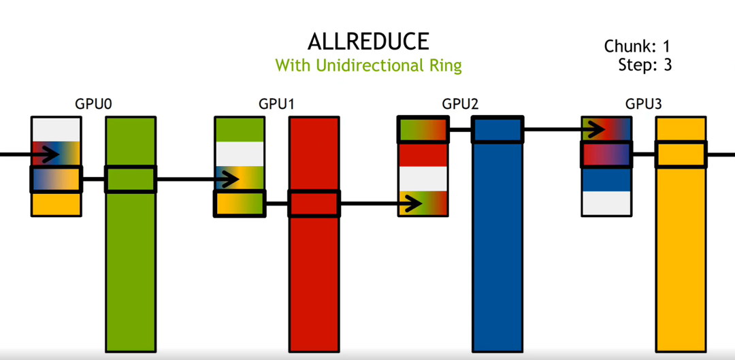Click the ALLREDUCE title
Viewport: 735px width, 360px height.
[x=368, y=42]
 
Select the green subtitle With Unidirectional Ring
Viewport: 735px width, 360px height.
[x=368, y=65]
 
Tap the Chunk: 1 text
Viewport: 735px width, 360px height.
[x=638, y=46]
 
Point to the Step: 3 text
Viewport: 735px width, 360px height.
[x=645, y=65]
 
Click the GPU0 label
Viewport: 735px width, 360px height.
[x=93, y=104]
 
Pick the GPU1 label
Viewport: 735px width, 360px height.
[x=276, y=104]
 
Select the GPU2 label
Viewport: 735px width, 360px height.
[x=460, y=104]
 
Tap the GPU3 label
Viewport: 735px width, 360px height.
[x=644, y=104]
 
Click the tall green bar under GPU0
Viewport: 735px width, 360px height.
[x=130, y=234]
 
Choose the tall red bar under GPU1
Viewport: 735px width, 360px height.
[x=314, y=234]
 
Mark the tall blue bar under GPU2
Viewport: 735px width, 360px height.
[x=497, y=234]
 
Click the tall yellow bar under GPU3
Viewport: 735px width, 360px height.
[x=681, y=234]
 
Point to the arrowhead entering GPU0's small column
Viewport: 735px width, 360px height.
[x=50, y=154]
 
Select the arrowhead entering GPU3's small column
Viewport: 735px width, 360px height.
[x=595, y=129]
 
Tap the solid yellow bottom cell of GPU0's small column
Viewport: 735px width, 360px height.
[x=56, y=204]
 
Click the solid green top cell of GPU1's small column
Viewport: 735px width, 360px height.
[x=240, y=129]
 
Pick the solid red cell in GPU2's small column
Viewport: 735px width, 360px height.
[x=423, y=155]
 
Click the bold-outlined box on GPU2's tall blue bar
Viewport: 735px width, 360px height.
[x=497, y=129]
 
